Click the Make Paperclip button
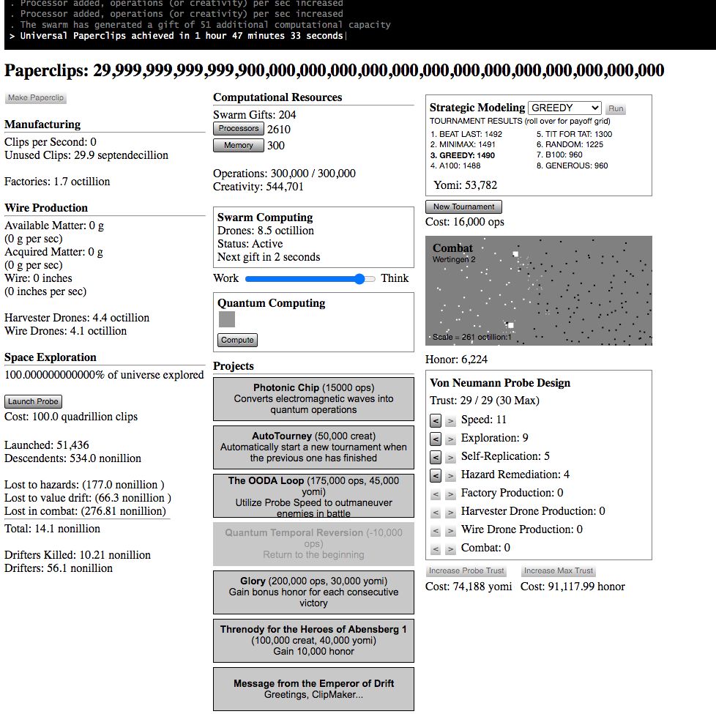click(x=36, y=98)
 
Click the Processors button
click(x=239, y=129)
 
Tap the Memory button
click(x=239, y=145)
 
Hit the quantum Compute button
click(x=237, y=340)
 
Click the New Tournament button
click(x=463, y=207)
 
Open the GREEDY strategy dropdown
click(x=564, y=108)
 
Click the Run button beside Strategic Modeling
click(x=616, y=108)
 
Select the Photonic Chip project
click(x=313, y=399)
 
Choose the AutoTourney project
click(x=313, y=447)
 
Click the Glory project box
click(x=313, y=592)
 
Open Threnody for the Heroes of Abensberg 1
click(x=313, y=640)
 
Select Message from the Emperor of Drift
click(x=313, y=688)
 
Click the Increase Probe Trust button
click(x=466, y=571)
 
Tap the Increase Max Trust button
click(x=558, y=571)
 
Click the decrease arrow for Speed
click(x=436, y=420)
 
